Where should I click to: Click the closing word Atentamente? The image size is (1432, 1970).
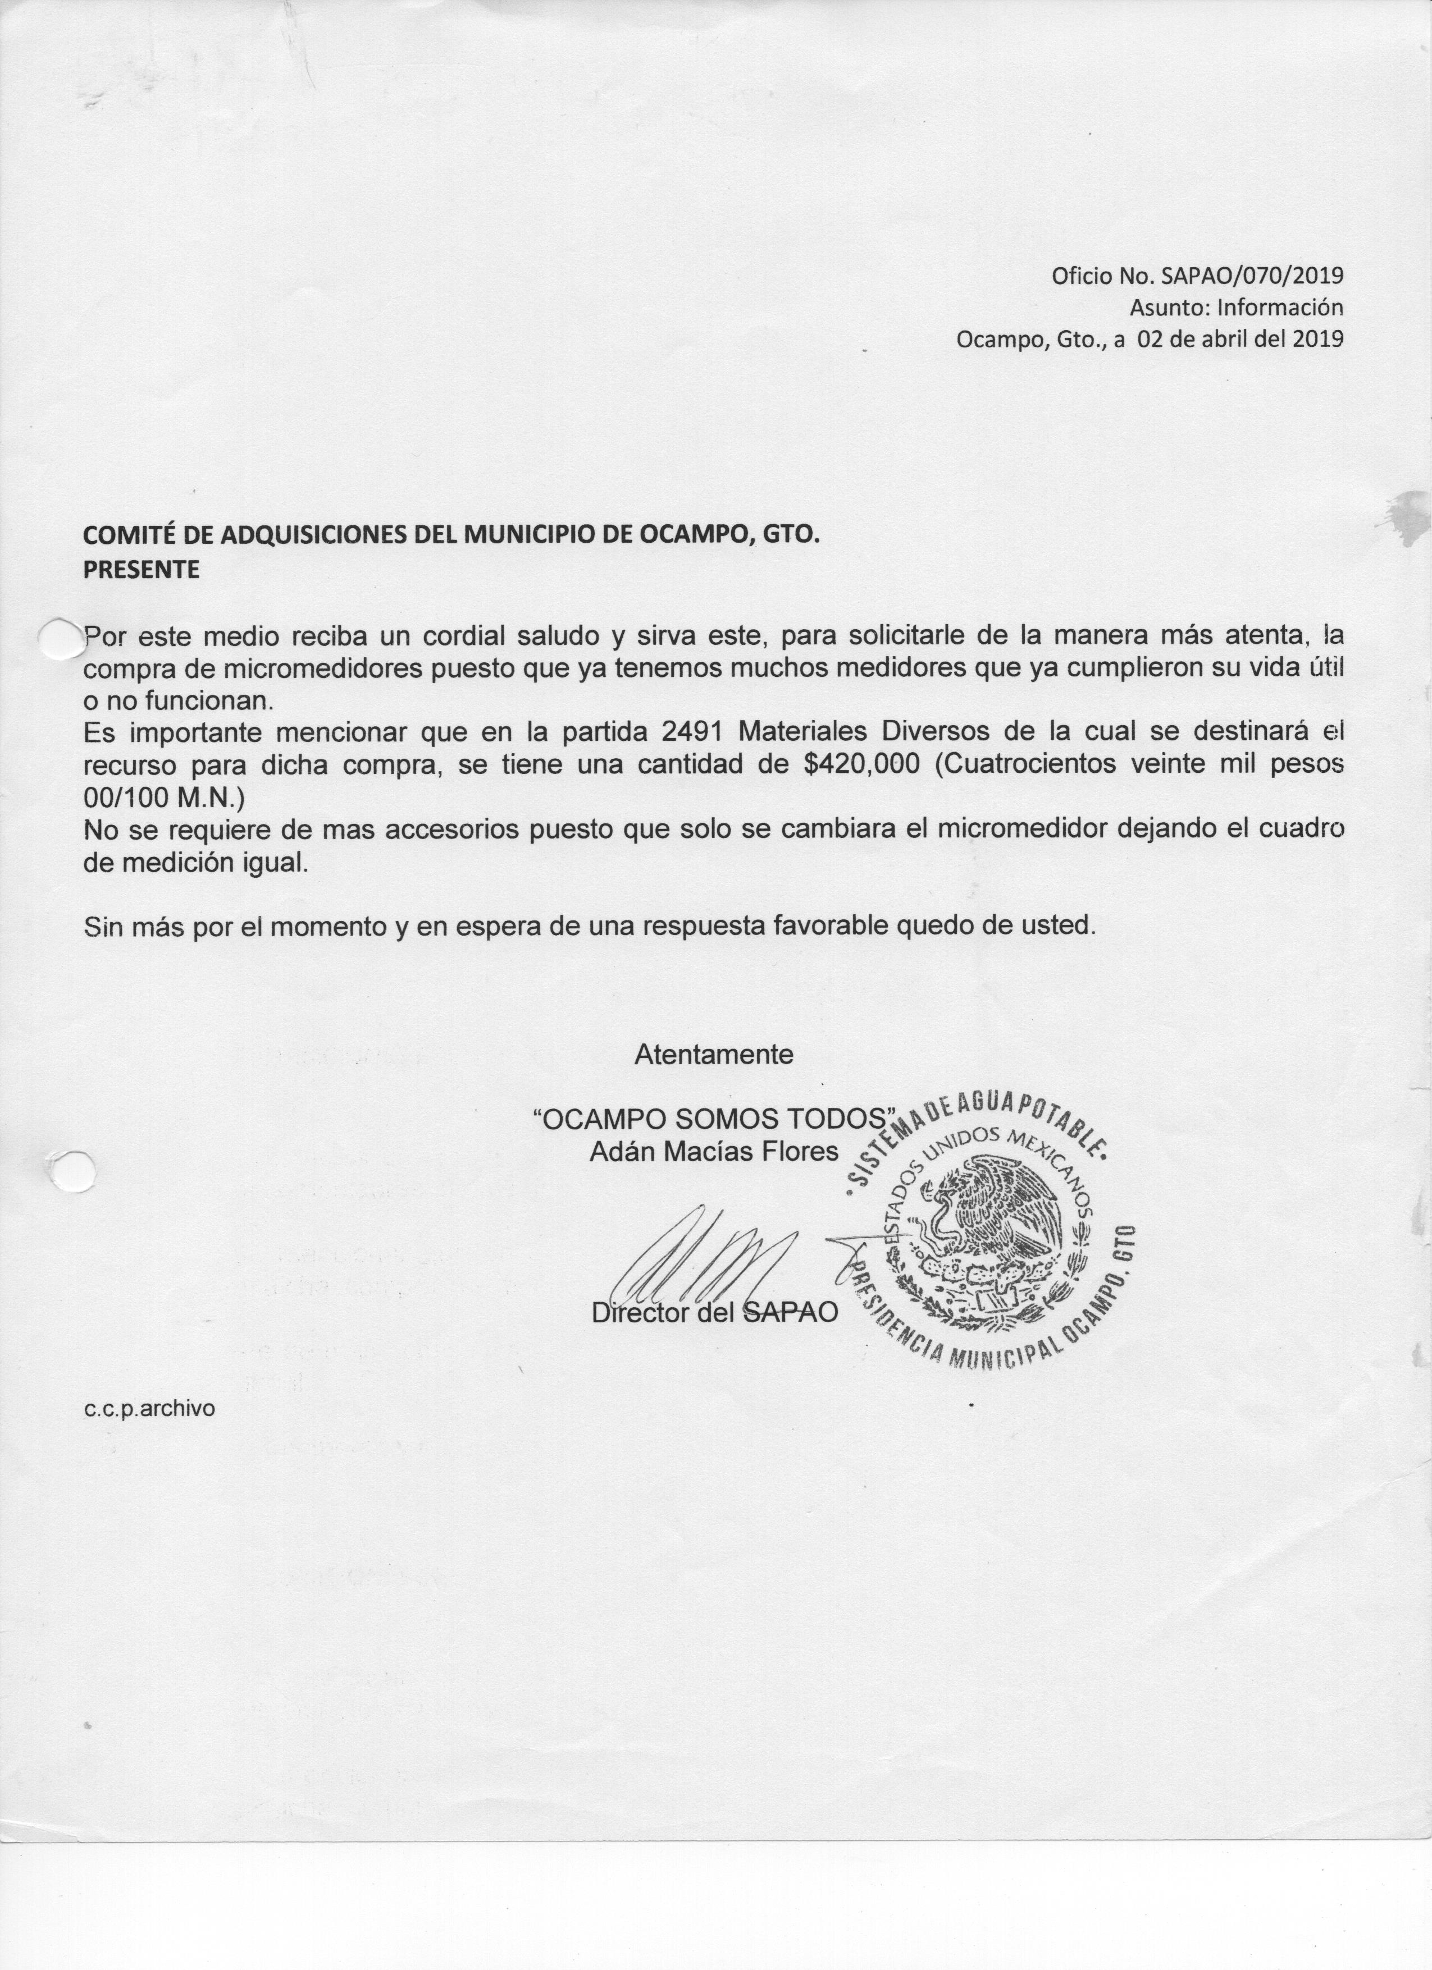coord(713,1055)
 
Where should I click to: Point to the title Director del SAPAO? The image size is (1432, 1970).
coord(714,1312)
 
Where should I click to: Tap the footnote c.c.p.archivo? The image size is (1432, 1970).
coord(149,1409)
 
